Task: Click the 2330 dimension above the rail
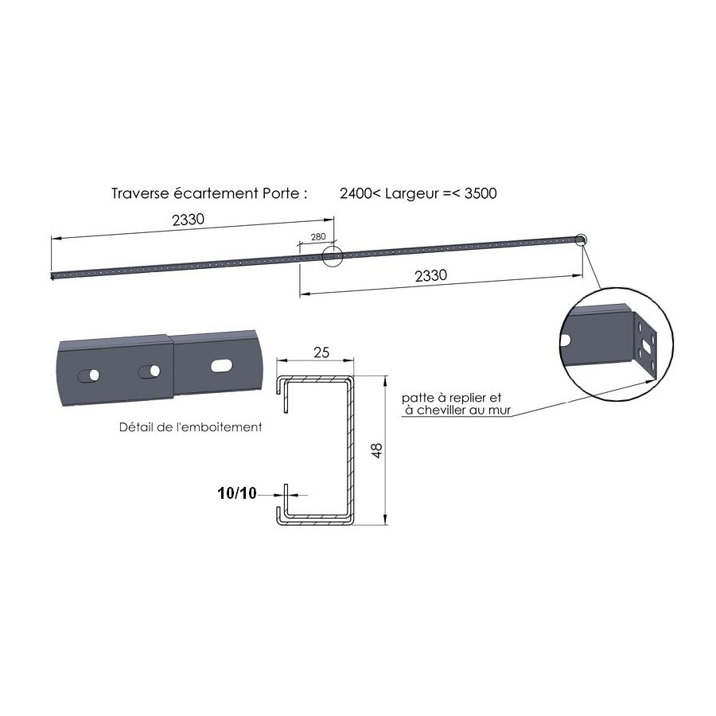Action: [x=188, y=220]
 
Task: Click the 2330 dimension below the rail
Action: [x=431, y=275]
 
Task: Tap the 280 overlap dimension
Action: [x=318, y=236]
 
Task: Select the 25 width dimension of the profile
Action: [x=321, y=352]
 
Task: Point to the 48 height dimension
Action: [x=377, y=450]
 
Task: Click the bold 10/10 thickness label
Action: [x=237, y=493]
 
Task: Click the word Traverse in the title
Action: [x=140, y=193]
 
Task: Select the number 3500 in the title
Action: [x=481, y=193]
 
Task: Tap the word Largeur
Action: [x=412, y=194]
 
